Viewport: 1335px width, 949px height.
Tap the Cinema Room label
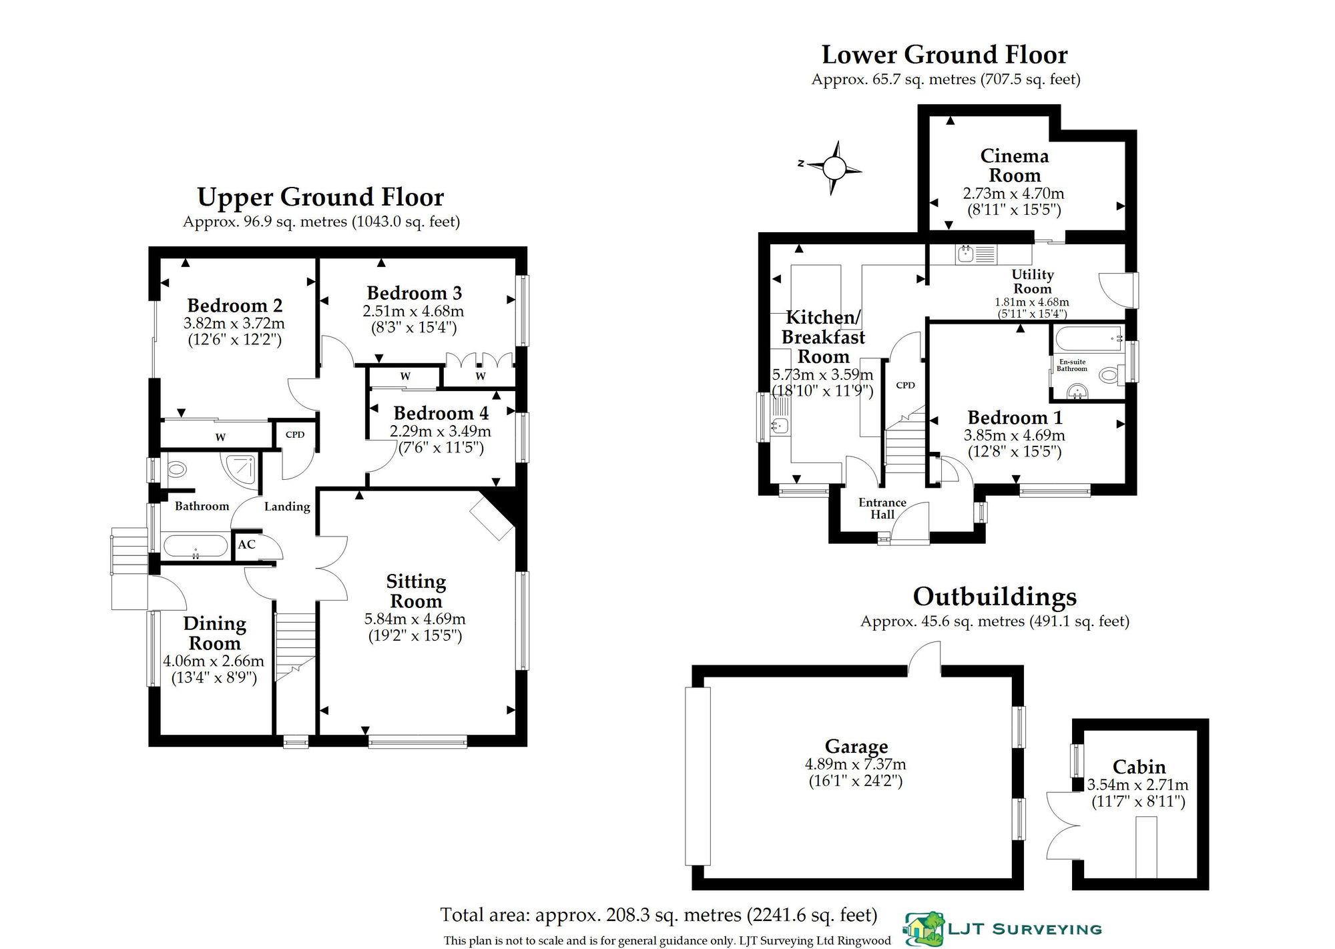[x=1015, y=166]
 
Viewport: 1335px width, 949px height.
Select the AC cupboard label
[x=246, y=544]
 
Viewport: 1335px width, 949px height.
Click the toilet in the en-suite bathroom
[x=1109, y=375]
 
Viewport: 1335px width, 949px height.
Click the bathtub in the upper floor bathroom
[x=195, y=546]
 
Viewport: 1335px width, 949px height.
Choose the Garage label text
[x=856, y=746]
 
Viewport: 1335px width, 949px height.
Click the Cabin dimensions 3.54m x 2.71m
[x=1138, y=785]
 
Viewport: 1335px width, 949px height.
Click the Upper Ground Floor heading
[x=320, y=197]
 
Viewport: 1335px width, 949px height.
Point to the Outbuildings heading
[x=995, y=596]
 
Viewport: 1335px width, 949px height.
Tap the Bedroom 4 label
[x=441, y=413]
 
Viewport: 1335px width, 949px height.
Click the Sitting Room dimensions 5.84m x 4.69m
[x=415, y=619]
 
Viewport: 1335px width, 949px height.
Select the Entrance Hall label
[x=882, y=509]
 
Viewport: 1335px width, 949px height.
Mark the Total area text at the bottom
[x=659, y=914]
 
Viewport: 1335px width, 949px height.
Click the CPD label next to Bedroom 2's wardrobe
[x=295, y=434]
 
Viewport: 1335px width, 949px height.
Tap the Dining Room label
[x=214, y=633]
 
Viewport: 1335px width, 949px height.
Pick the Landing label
[x=287, y=507]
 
